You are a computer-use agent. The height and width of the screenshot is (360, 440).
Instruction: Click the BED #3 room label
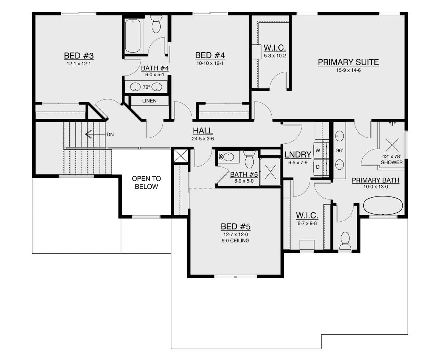click(x=79, y=56)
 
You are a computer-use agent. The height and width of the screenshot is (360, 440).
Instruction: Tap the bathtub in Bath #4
click(x=132, y=36)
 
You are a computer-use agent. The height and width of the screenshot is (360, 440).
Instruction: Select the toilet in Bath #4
click(x=156, y=24)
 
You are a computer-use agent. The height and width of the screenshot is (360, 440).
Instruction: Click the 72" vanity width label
click(x=146, y=87)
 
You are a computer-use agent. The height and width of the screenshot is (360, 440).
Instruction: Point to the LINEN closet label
click(x=149, y=101)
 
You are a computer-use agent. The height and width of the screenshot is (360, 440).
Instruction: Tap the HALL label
click(x=203, y=131)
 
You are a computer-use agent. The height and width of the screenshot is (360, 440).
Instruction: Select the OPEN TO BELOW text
click(x=146, y=183)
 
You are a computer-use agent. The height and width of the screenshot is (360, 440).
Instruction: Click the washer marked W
click(x=318, y=150)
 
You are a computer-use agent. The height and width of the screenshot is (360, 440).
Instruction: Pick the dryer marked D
click(x=318, y=167)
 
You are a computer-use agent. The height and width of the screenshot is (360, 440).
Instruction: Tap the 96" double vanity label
click(x=340, y=150)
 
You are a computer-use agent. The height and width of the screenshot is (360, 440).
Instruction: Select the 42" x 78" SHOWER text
click(x=392, y=159)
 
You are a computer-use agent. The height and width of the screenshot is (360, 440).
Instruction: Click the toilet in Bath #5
click(x=249, y=159)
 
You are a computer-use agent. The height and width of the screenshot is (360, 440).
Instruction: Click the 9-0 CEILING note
click(x=235, y=240)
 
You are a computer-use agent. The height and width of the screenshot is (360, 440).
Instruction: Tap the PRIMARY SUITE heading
click(x=348, y=62)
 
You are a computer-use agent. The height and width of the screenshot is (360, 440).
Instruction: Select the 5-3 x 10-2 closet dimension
click(x=275, y=56)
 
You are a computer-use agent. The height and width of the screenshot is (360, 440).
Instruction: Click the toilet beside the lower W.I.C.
click(x=345, y=241)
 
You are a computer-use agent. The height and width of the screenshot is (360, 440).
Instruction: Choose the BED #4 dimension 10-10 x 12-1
click(x=210, y=63)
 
